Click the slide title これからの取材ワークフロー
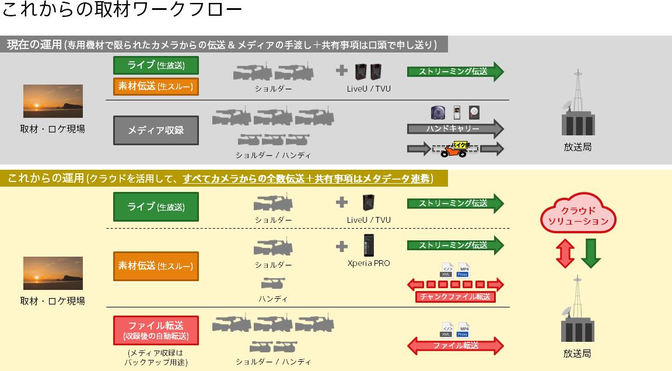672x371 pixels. click(122, 10)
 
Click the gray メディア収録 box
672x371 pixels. click(156, 130)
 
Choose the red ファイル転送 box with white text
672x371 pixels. click(156, 330)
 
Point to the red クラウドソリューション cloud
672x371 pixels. click(578, 216)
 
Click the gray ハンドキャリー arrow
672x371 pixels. click(454, 128)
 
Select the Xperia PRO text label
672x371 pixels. click(369, 263)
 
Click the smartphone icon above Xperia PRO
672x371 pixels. click(368, 246)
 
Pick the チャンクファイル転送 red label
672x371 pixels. click(456, 297)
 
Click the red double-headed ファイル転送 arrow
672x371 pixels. click(455, 345)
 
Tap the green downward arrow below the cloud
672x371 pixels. click(591, 252)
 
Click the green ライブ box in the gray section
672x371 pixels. click(156, 65)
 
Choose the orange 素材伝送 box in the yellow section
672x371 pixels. click(156, 266)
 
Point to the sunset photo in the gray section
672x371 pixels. click(52, 101)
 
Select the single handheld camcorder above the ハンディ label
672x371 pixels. click(272, 284)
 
